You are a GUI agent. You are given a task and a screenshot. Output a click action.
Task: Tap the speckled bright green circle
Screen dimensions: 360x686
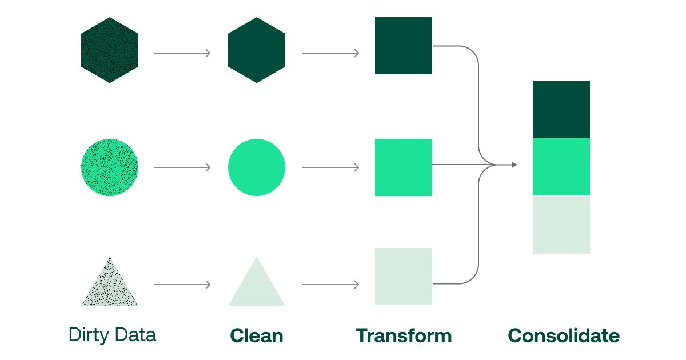pyautogui.click(x=110, y=167)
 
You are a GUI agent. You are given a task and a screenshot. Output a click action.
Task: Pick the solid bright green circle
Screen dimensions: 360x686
pyautogui.click(x=256, y=167)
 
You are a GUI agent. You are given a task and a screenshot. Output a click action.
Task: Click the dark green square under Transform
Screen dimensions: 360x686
pyautogui.click(x=403, y=46)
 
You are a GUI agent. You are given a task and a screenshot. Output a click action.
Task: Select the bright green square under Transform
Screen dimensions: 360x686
pyautogui.click(x=403, y=167)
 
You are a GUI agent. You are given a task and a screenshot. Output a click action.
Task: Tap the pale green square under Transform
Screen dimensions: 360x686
pyautogui.click(x=403, y=276)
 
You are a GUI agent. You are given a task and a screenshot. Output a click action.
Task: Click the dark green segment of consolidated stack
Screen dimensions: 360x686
pyautogui.click(x=561, y=110)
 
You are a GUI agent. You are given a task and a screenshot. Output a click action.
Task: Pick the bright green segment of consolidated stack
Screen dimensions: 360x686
pyautogui.click(x=561, y=167)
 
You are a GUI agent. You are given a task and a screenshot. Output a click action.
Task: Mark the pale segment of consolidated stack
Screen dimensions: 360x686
pyautogui.click(x=561, y=225)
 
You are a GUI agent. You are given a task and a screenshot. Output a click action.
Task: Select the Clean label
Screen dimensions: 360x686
pyautogui.click(x=256, y=335)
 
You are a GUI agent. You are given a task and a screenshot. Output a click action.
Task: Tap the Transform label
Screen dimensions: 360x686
pyautogui.click(x=403, y=335)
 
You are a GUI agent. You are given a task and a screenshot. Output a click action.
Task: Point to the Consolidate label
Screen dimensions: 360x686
pyautogui.click(x=563, y=335)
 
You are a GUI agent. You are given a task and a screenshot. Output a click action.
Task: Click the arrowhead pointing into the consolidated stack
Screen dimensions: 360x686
pyautogui.click(x=514, y=165)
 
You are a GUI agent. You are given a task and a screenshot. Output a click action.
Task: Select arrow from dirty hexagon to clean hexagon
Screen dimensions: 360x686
pyautogui.click(x=182, y=53)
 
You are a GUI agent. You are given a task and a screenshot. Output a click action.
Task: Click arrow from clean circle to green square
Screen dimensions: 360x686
pyautogui.click(x=330, y=167)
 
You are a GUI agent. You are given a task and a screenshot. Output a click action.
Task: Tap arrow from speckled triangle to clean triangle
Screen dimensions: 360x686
pyautogui.click(x=182, y=284)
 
